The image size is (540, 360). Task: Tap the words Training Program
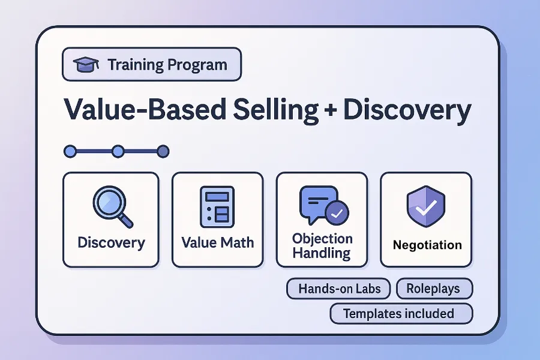[x=167, y=65]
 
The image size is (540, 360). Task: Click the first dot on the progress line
[x=70, y=151]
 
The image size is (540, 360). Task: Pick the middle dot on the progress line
[x=118, y=151]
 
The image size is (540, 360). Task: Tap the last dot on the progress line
[x=163, y=151]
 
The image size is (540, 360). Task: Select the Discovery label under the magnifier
[x=111, y=243]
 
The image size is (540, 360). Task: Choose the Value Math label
[x=217, y=243]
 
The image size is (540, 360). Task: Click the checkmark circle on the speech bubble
[x=336, y=212]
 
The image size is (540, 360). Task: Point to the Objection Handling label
[x=322, y=245]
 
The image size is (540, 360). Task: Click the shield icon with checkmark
[x=425, y=206]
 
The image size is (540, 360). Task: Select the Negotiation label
[x=427, y=245]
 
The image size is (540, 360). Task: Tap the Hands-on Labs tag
[x=339, y=289]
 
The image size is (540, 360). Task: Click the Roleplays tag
[x=434, y=289]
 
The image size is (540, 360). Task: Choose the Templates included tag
[x=401, y=313]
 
